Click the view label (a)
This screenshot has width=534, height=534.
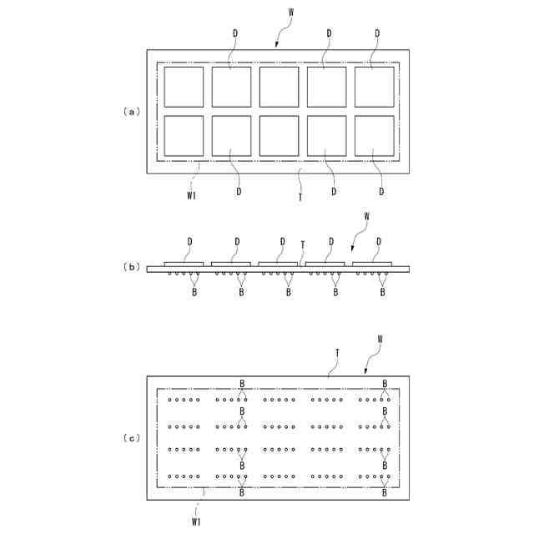[x=130, y=110]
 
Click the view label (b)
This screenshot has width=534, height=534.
[x=130, y=267]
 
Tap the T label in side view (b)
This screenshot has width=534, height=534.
[x=303, y=244]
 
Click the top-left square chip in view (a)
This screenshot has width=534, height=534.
[x=184, y=87]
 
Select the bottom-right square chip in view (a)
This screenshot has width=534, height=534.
[x=374, y=135]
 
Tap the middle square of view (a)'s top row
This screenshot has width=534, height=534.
[x=279, y=87]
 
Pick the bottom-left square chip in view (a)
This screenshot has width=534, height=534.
[x=184, y=135]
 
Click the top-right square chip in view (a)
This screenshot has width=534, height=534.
[x=374, y=87]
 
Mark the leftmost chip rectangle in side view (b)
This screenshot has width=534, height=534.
[x=184, y=264]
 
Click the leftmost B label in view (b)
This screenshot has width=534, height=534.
[x=194, y=292]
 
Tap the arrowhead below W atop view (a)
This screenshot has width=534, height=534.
[x=277, y=44]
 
